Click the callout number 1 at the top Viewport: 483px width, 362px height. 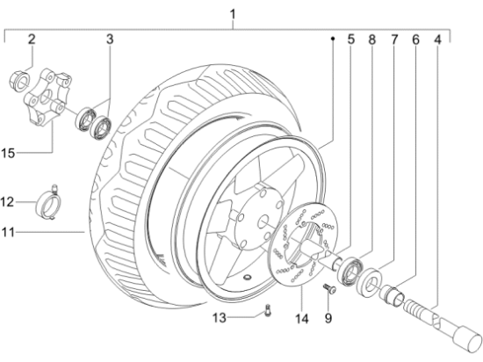pyautogui.click(x=233, y=13)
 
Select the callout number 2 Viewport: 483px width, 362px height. pyautogui.click(x=31, y=39)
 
